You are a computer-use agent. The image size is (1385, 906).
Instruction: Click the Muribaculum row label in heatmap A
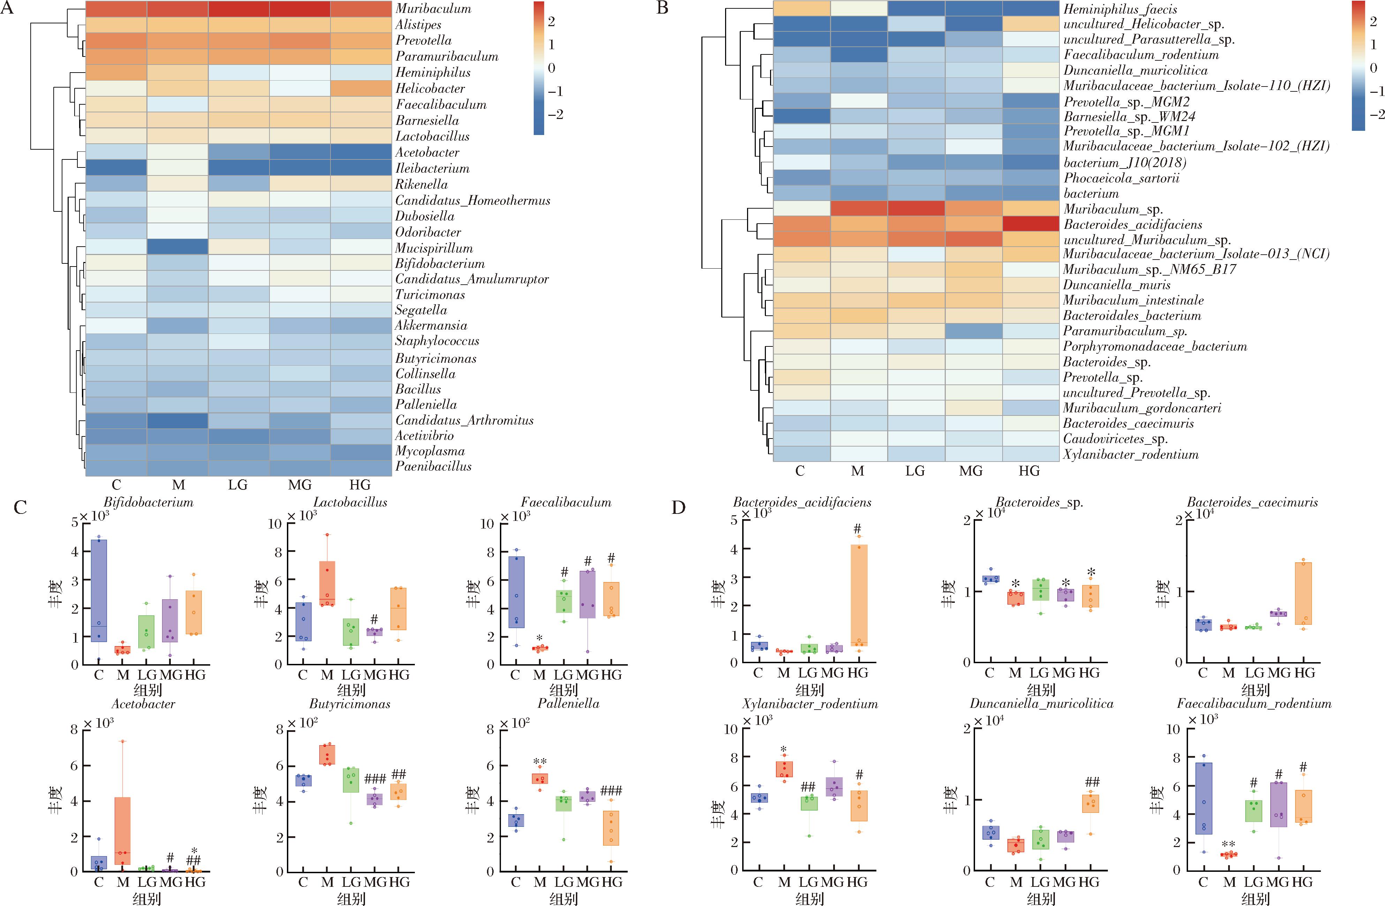pos(433,9)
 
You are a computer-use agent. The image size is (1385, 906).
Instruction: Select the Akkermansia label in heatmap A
pos(431,325)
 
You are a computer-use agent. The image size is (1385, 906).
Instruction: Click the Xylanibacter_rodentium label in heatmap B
pos(1131,454)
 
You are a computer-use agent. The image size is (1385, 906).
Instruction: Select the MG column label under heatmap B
pos(971,471)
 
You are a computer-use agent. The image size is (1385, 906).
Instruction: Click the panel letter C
pos(20,507)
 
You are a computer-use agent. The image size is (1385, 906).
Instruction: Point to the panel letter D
pos(678,507)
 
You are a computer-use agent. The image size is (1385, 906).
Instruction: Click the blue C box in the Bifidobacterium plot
pos(99,590)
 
